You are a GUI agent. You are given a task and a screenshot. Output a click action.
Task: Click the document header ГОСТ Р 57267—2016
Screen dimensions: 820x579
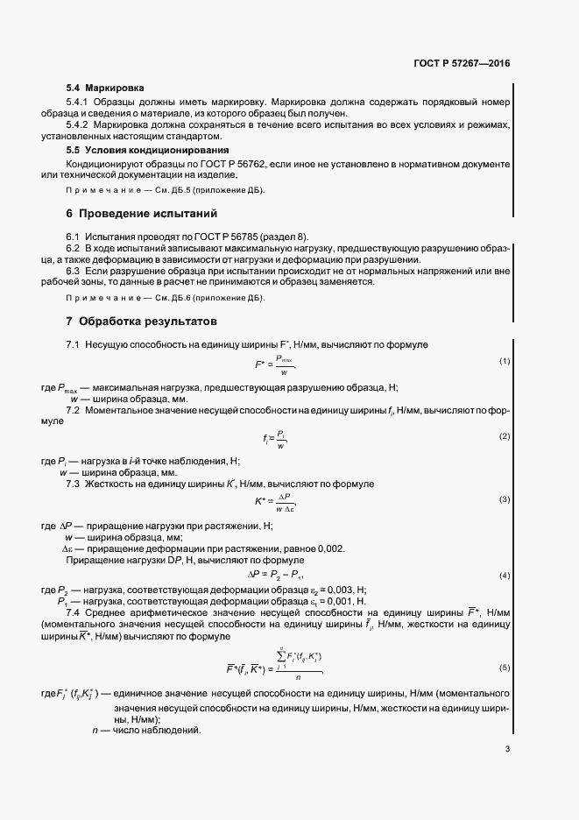(461, 65)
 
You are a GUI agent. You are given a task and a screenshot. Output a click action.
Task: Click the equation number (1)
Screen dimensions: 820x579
(505, 361)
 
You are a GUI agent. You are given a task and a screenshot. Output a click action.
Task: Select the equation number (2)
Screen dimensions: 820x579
(505, 436)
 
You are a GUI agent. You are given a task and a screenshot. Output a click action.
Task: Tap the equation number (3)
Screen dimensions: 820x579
(505, 499)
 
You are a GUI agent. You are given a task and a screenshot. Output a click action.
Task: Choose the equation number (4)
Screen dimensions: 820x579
(505, 575)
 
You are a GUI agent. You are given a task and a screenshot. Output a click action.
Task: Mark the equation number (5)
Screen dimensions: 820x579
(505, 668)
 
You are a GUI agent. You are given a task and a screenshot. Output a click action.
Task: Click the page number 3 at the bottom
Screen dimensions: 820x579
(507, 749)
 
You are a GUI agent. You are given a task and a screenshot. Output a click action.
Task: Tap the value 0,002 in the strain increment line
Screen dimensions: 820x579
(329, 548)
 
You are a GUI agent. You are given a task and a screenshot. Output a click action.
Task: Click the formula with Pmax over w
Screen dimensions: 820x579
(275, 362)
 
